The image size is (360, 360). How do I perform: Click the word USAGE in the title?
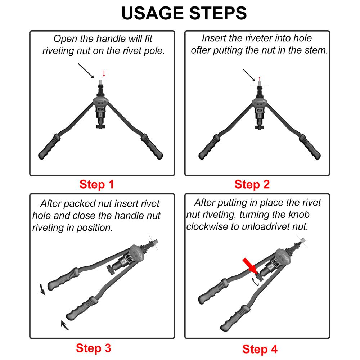(x=150, y=13)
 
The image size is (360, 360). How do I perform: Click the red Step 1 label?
(x=96, y=185)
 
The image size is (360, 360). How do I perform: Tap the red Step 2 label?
(x=252, y=185)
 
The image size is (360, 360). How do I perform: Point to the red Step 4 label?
(x=260, y=349)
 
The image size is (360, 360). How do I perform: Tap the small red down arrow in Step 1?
(x=104, y=73)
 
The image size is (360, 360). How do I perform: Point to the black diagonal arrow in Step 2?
(x=249, y=75)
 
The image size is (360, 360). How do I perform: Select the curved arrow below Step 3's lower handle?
(x=64, y=325)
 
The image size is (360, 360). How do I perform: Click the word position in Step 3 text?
(x=94, y=228)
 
